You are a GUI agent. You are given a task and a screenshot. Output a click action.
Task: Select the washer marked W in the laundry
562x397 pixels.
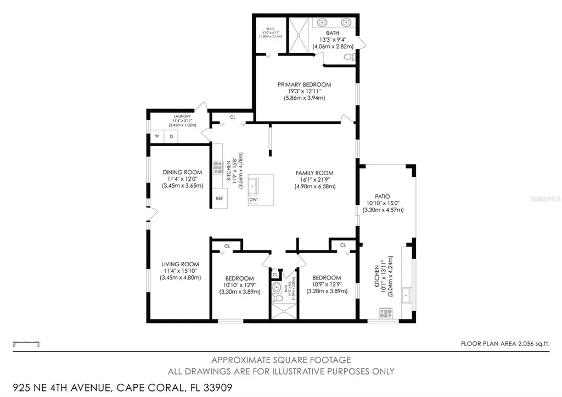(x=156, y=136)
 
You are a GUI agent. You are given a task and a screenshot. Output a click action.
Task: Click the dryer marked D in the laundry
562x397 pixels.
(x=171, y=136)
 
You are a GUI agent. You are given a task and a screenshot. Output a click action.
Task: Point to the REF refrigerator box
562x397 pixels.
(x=219, y=198)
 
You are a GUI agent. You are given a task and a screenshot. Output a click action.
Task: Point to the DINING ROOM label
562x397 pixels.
(x=182, y=172)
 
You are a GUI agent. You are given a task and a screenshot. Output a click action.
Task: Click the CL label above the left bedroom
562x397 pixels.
(x=226, y=245)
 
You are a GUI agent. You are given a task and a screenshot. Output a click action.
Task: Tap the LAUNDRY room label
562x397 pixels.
(x=182, y=116)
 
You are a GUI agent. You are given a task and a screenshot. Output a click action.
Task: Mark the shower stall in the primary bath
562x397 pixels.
(x=300, y=33)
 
